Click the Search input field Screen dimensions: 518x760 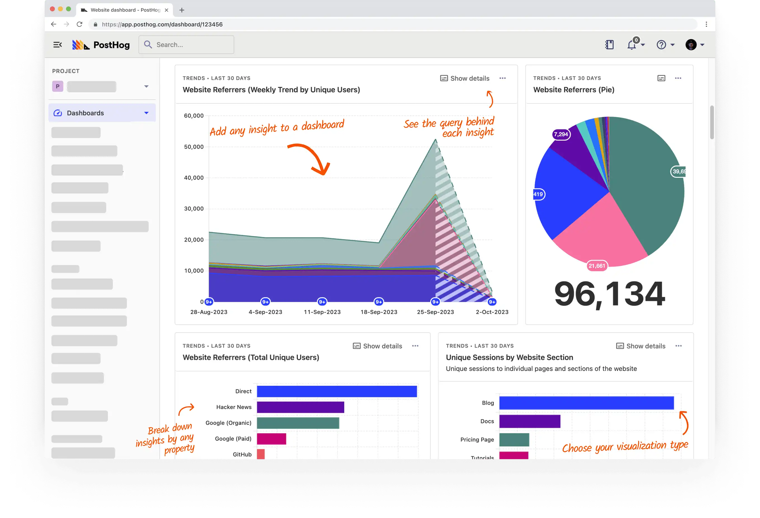pyautogui.click(x=186, y=45)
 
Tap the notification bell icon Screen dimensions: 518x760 pyautogui.click(x=631, y=45)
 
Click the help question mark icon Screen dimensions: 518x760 pyautogui.click(x=661, y=45)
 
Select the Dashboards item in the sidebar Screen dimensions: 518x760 pyautogui.click(x=85, y=113)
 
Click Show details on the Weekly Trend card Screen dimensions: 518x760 pyautogui.click(x=465, y=78)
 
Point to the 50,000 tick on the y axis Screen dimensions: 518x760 pyautogui.click(x=194, y=146)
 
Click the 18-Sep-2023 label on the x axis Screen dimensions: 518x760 pyautogui.click(x=379, y=312)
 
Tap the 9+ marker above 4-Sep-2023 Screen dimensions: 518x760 pyautogui.click(x=265, y=302)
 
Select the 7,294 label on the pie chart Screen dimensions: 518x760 pyautogui.click(x=561, y=134)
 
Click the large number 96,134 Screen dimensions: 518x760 pyautogui.click(x=609, y=294)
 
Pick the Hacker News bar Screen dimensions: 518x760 pyautogui.click(x=300, y=407)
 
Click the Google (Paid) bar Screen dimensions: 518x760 pyautogui.click(x=271, y=439)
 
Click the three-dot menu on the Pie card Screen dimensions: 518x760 pyautogui.click(x=678, y=78)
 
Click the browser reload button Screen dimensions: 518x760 pyautogui.click(x=79, y=24)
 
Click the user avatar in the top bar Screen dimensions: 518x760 pyautogui.click(x=691, y=45)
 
